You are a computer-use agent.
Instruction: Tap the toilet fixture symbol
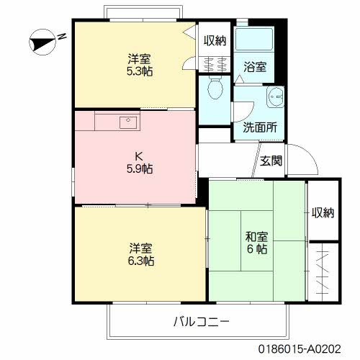[x=214, y=90]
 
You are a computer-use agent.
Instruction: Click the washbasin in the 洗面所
[x=274, y=100]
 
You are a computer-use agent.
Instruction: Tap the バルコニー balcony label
[x=200, y=320]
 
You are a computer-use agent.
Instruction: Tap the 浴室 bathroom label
[x=256, y=68]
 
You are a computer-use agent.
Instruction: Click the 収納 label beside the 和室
[x=323, y=212]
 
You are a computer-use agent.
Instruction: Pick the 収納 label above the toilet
[x=215, y=41]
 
